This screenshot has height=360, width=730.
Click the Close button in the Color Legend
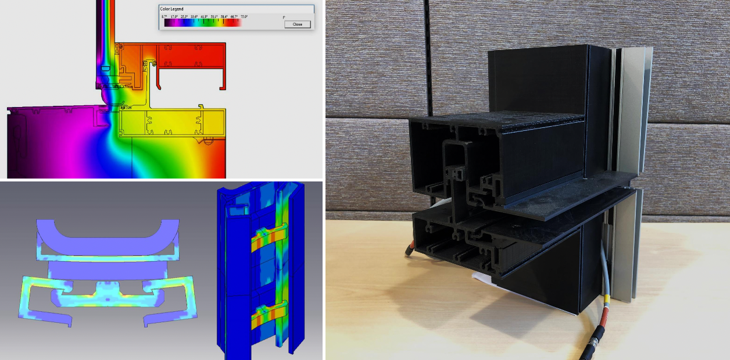coord(298,24)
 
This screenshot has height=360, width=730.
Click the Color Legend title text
coord(172,9)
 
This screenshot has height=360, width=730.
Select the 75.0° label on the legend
coord(244,17)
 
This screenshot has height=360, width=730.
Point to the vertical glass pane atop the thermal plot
coord(106,29)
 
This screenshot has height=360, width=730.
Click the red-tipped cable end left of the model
coord(410,252)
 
